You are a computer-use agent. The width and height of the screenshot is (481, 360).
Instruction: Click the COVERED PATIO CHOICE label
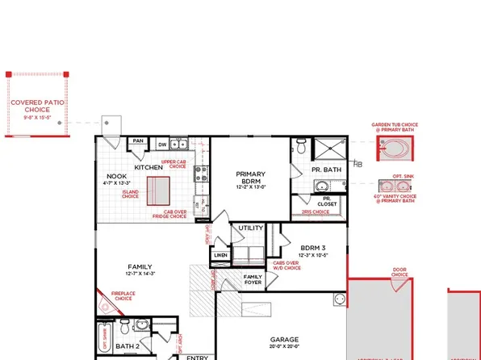click(37, 108)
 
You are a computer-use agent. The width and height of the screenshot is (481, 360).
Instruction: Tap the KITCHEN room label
click(148, 167)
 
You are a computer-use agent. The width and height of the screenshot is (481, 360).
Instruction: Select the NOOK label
click(115, 177)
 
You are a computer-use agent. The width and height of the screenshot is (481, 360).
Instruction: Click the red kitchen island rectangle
click(159, 193)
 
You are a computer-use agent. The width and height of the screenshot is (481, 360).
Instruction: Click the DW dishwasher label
click(163, 145)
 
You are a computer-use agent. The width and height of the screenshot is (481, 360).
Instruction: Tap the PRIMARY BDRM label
click(250, 178)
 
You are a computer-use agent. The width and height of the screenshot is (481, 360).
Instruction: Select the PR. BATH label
click(326, 170)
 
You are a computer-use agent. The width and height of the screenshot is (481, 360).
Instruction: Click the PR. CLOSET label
click(327, 201)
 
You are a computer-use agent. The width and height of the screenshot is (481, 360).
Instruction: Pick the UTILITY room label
click(250, 228)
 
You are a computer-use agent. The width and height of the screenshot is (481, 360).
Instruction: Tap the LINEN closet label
click(220, 256)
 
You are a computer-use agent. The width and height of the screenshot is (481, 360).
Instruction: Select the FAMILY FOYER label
click(253, 280)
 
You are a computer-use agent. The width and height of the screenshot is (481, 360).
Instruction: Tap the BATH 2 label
click(127, 346)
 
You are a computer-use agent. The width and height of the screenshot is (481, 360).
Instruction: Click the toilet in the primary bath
click(300, 145)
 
